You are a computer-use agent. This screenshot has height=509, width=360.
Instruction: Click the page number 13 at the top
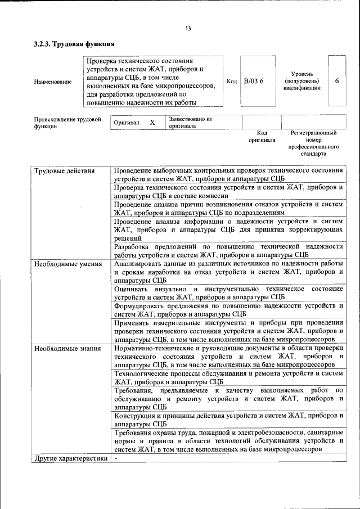188,29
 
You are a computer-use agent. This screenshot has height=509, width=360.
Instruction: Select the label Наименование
53,82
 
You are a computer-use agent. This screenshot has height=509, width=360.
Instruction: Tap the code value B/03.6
254,82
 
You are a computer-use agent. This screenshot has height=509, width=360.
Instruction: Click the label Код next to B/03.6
231,82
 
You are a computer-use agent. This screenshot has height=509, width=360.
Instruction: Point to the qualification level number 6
336,81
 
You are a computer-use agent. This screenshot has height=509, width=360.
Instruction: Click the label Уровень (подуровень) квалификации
302,81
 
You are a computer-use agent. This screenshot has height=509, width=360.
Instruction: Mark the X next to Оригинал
152,123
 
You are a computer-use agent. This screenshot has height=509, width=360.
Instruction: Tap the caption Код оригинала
262,137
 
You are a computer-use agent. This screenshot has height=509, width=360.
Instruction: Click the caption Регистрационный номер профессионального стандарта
313,143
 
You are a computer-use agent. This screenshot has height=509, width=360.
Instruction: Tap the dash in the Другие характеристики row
115,458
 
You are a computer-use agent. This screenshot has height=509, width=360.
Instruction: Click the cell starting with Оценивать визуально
228,292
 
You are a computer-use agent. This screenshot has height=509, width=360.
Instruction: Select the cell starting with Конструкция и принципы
228,420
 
